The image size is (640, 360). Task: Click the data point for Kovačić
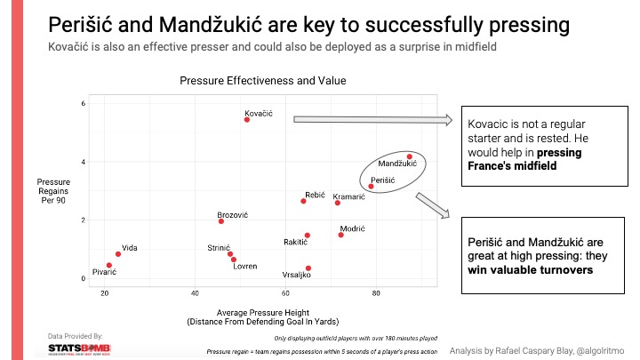coord(247,119)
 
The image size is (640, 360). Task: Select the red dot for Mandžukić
coord(409,156)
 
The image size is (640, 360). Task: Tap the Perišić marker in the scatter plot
coord(371,187)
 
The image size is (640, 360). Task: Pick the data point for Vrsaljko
coord(308,268)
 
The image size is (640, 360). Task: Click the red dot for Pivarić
coord(109,265)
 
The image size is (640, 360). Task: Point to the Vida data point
coord(118,254)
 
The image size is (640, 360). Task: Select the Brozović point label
coord(233,216)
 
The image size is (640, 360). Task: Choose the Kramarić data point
coord(338,203)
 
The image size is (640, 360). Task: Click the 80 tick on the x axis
coord(376,292)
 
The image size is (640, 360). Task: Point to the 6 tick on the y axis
coord(83,104)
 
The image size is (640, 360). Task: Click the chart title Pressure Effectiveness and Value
coord(262,81)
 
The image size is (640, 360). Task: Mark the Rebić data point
coord(303,201)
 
